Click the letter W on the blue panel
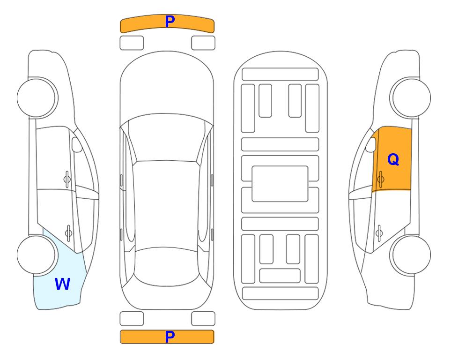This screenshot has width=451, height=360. pyautogui.click(x=62, y=284)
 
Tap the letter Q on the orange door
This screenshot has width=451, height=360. pyautogui.click(x=393, y=159)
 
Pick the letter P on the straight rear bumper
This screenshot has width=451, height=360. pyautogui.click(x=170, y=337)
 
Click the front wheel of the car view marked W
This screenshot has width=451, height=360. pyautogui.click(x=37, y=98)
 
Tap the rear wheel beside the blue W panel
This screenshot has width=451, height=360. pyautogui.click(x=37, y=255)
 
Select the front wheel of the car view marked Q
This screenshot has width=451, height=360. pyautogui.click(x=410, y=98)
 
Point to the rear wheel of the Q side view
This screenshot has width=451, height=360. pyautogui.click(x=410, y=255)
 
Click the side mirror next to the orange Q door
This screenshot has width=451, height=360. pyautogui.click(x=371, y=144)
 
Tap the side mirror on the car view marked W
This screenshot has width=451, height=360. pyautogui.click(x=77, y=144)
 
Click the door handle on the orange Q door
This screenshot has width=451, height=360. pyautogui.click(x=381, y=179)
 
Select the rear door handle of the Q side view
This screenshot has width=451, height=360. pyautogui.click(x=379, y=233)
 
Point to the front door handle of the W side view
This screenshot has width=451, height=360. pyautogui.click(x=67, y=179)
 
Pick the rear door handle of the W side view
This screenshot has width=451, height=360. pyautogui.click(x=68, y=233)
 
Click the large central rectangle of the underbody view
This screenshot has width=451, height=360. pyautogui.click(x=280, y=184)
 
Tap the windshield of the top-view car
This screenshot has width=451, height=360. pyautogui.click(x=167, y=138)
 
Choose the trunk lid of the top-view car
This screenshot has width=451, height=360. pyautogui.click(x=167, y=297)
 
